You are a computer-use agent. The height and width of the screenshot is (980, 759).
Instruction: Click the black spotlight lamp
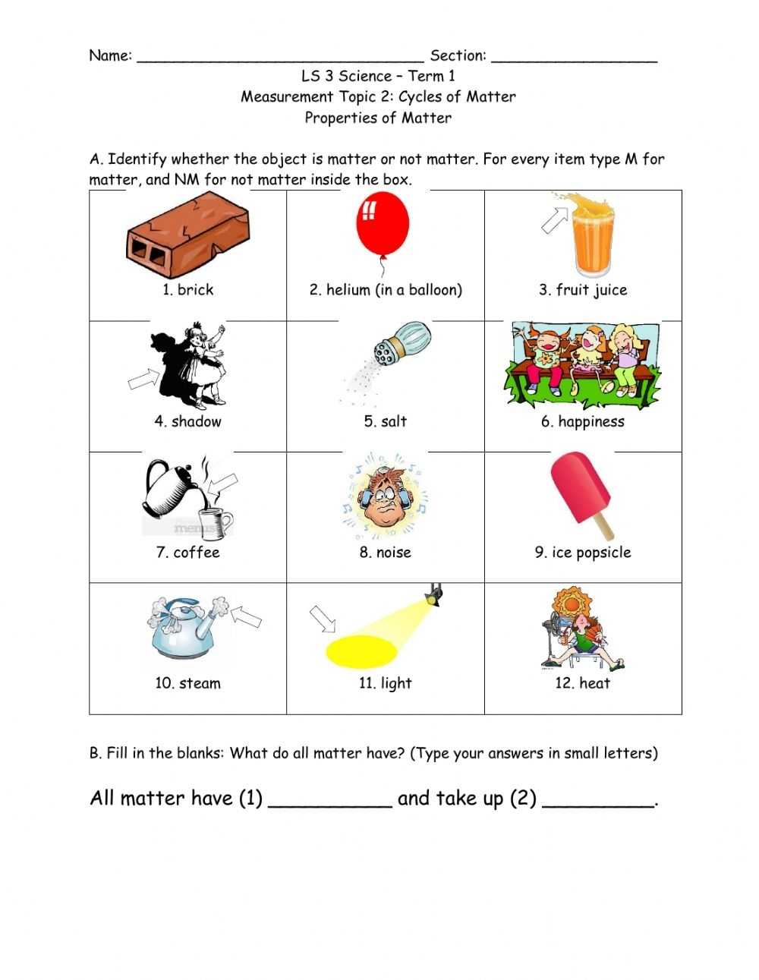coord(434,596)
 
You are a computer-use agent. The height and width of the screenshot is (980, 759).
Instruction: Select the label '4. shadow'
coord(187,422)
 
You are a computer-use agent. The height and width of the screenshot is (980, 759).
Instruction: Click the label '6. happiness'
coord(582,422)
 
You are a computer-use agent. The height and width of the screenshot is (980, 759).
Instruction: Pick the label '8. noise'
coord(385,553)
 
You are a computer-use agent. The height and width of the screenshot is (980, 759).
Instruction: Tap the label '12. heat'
coord(582,683)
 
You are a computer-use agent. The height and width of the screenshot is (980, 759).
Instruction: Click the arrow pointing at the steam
coord(246,616)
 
